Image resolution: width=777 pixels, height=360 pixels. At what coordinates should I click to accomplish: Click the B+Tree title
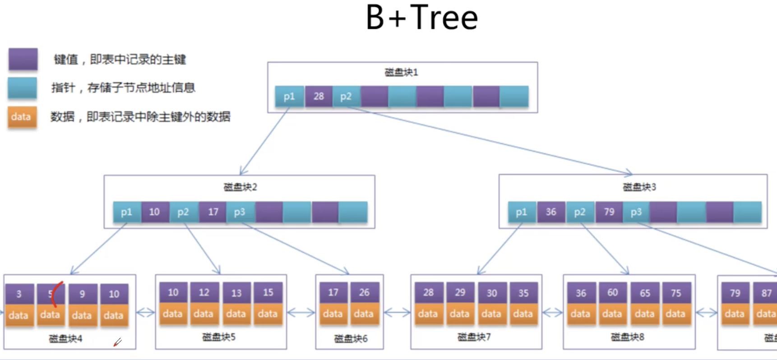tap(421, 18)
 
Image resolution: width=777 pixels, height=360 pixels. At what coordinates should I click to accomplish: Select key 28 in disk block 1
tap(319, 96)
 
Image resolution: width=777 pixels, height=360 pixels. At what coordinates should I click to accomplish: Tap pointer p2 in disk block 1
tap(346, 96)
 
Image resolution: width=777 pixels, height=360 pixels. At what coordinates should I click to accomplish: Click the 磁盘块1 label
tap(401, 72)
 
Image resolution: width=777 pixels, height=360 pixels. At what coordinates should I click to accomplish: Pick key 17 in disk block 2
tap(213, 212)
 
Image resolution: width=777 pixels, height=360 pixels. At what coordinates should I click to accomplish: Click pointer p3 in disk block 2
tap(240, 212)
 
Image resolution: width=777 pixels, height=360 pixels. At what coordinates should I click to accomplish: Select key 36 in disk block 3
tap(551, 212)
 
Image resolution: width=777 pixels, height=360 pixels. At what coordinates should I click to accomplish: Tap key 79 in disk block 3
tap(609, 212)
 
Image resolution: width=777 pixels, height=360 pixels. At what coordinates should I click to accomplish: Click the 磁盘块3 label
tap(639, 187)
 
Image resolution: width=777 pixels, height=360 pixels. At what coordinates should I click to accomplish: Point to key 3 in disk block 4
tap(19, 294)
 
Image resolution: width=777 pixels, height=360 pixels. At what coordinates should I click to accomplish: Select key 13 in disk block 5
tap(236, 293)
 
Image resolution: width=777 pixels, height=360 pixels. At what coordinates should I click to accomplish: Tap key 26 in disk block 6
tap(364, 292)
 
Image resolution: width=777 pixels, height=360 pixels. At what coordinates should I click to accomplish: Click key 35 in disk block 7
tap(523, 293)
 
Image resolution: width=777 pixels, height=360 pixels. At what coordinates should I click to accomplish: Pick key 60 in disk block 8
tap(612, 293)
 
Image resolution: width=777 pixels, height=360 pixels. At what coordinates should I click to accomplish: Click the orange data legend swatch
tap(22, 117)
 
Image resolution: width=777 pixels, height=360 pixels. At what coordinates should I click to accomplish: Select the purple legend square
tap(23, 60)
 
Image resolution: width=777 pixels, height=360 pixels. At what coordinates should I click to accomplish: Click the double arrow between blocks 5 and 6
tap(301, 312)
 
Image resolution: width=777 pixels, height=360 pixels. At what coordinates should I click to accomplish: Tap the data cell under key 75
tap(675, 314)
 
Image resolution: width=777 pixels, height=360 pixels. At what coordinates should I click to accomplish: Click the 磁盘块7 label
tap(474, 337)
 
